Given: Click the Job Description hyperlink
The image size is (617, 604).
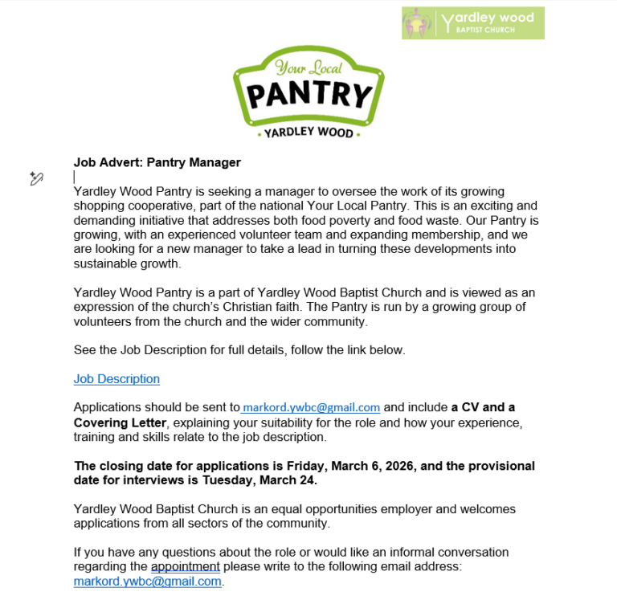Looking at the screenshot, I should (x=116, y=379).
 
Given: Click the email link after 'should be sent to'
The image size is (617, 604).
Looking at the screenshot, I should (x=312, y=407).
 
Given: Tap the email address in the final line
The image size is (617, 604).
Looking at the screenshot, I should (x=147, y=582).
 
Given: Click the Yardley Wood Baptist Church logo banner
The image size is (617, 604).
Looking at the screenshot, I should (x=473, y=23).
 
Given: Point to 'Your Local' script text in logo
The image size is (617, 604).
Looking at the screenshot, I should (x=308, y=68).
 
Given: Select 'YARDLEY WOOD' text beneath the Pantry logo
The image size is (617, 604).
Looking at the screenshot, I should (x=308, y=133).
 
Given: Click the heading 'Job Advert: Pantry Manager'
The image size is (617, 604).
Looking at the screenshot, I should (x=157, y=162).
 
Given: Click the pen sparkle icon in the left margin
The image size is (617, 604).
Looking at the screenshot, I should (x=36, y=178).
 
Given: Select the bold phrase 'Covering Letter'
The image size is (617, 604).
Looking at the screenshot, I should (x=120, y=422).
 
